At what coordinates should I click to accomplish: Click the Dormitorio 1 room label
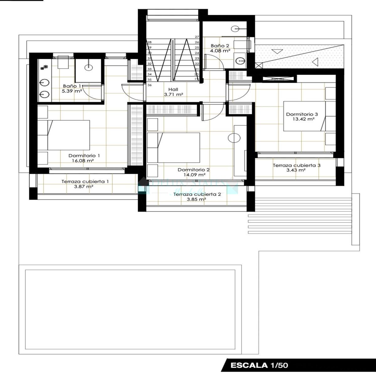point(84,156)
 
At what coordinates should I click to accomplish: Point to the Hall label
point(173,89)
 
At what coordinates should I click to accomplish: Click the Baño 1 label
point(72,86)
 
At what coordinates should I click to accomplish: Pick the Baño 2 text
point(220,46)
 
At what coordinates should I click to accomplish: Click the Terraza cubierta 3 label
point(296,165)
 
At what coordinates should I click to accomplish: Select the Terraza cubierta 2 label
point(197,194)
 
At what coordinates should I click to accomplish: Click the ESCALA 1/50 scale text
point(259,365)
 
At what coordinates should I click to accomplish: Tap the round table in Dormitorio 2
point(234,138)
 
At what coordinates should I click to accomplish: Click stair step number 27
point(197,37)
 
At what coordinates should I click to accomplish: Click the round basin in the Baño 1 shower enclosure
point(89,66)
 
